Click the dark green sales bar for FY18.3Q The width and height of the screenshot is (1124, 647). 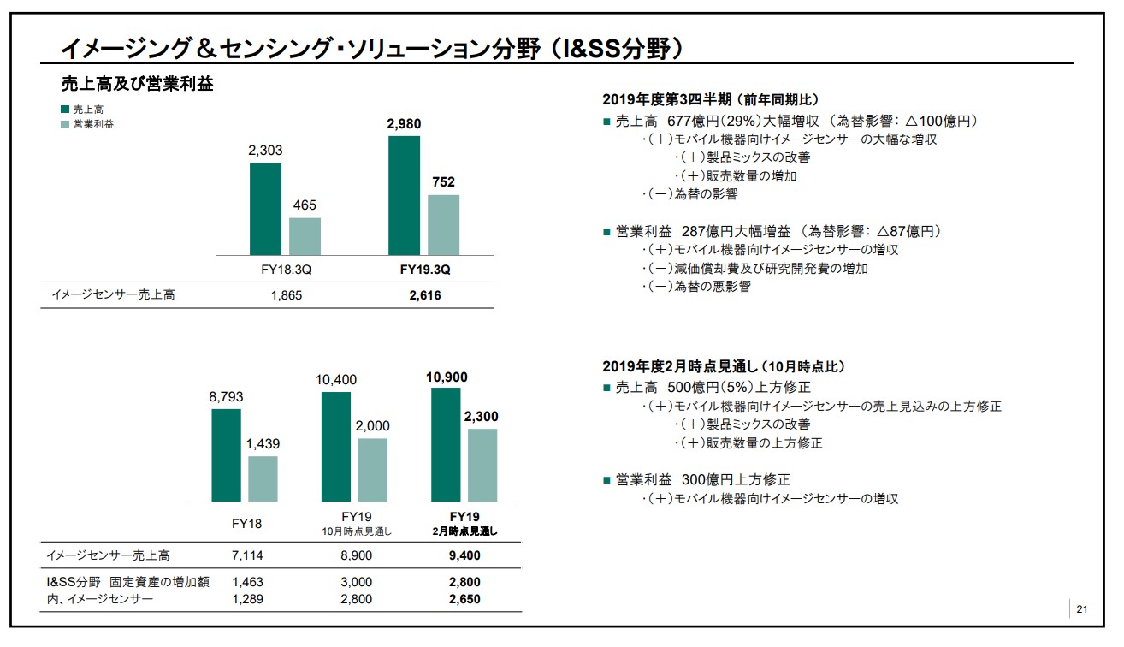265,208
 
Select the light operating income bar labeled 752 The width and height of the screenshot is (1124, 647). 443,224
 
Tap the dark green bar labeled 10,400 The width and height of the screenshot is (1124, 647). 336,446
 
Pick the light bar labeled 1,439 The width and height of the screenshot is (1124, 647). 263,478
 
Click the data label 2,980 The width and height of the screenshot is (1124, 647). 404,124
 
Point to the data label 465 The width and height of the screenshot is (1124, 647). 305,205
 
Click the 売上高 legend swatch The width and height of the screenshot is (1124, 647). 66,110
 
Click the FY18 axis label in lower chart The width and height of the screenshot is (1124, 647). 247,524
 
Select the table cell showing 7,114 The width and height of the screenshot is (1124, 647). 247,555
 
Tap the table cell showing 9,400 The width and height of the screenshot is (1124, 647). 464,555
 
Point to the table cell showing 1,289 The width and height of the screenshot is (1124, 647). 247,599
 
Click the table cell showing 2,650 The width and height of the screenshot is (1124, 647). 464,599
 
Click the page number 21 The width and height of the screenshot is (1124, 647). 1082,609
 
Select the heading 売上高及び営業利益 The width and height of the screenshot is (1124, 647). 138,84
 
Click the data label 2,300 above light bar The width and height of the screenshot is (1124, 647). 481,417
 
